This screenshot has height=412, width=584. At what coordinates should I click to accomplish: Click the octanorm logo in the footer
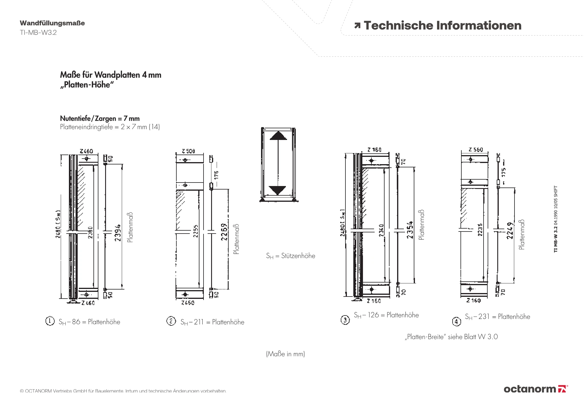pyautogui.click(x=536, y=389)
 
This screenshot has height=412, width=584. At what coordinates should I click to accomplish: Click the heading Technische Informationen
pyautogui.click(x=442, y=26)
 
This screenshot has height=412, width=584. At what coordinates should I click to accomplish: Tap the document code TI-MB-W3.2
pyautogui.click(x=38, y=33)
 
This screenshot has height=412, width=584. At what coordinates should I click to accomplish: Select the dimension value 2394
pyautogui.click(x=118, y=233)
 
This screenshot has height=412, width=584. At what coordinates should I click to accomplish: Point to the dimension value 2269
pyautogui.click(x=224, y=232)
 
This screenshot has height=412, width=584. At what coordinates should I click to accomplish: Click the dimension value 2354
pyautogui.click(x=410, y=230)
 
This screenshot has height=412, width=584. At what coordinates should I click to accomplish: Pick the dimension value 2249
pyautogui.click(x=510, y=230)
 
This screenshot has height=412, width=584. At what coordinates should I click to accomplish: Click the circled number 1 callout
pyautogui.click(x=50, y=321)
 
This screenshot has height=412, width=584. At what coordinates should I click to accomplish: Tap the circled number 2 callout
pyautogui.click(x=171, y=321)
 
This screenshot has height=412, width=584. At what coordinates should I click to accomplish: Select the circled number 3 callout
pyautogui.click(x=345, y=320)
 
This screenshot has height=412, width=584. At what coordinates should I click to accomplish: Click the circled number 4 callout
pyautogui.click(x=457, y=322)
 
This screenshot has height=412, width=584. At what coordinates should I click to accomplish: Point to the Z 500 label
pyautogui.click(x=188, y=151)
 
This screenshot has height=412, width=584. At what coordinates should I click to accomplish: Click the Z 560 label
pyautogui.click(x=476, y=150)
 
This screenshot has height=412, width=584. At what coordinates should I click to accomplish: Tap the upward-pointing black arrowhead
pyautogui.click(x=278, y=136)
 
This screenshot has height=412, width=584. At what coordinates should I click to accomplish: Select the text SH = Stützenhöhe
pyautogui.click(x=291, y=256)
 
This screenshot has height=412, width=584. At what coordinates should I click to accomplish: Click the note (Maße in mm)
pyautogui.click(x=285, y=354)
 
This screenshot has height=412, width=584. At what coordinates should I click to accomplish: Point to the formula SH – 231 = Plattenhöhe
pyautogui.click(x=497, y=317)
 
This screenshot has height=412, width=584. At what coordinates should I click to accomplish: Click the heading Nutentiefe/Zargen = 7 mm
pyautogui.click(x=100, y=118)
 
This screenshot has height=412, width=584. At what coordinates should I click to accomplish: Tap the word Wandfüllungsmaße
pyautogui.click(x=52, y=23)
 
